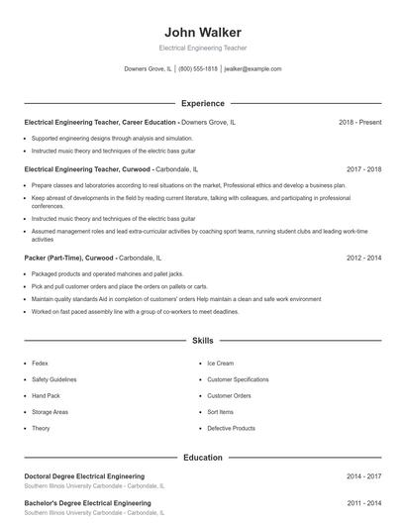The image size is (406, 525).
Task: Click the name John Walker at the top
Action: pyautogui.click(x=202, y=32)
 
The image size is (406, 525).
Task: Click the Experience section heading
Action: pyautogui.click(x=202, y=103)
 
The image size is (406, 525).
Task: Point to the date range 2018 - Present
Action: pyautogui.click(x=359, y=122)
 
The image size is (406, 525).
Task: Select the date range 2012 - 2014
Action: pyautogui.click(x=363, y=257)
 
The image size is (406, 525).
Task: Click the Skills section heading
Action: pyautogui.click(x=202, y=340)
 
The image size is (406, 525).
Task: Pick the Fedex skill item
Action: pyautogui.click(x=41, y=364)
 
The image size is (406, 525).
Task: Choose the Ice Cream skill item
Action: pyautogui.click(x=220, y=364)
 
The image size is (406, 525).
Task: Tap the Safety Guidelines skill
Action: pyautogui.click(x=54, y=379)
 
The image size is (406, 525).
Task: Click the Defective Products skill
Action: pyautogui.click(x=231, y=428)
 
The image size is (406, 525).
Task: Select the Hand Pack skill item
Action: pyautogui.click(x=47, y=395)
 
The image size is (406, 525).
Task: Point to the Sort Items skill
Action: pyautogui.click(x=220, y=411)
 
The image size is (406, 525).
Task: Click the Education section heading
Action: pyautogui.click(x=202, y=458)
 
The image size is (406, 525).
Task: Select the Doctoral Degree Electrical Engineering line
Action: pyautogui.click(x=84, y=476)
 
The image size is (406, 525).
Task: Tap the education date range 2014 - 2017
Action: pyautogui.click(x=363, y=476)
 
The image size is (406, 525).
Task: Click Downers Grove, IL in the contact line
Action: pyautogui.click(x=148, y=69)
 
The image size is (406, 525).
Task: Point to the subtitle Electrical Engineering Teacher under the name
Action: pyautogui.click(x=202, y=48)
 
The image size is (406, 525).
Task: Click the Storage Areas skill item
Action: pyautogui.click(x=50, y=411)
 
